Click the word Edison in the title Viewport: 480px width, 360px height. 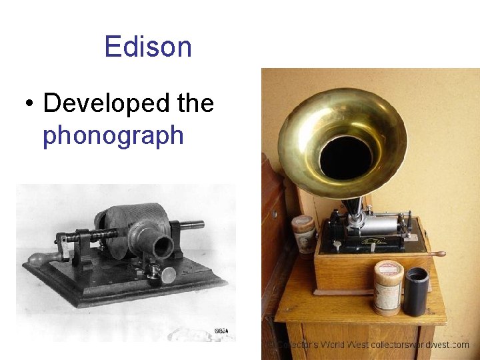tap(148, 47)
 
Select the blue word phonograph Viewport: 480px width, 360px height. tap(113, 135)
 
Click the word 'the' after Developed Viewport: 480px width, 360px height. tap(195, 103)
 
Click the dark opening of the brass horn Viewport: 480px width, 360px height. tap(345, 157)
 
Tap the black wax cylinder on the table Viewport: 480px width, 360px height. tap(417, 291)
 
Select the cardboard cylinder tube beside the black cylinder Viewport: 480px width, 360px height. tap(388, 287)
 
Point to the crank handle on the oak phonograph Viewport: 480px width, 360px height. tap(437, 254)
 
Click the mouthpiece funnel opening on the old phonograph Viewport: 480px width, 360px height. tap(163, 247)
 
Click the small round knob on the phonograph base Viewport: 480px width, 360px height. tap(169, 273)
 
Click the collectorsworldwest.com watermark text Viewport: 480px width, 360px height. tap(421, 345)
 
